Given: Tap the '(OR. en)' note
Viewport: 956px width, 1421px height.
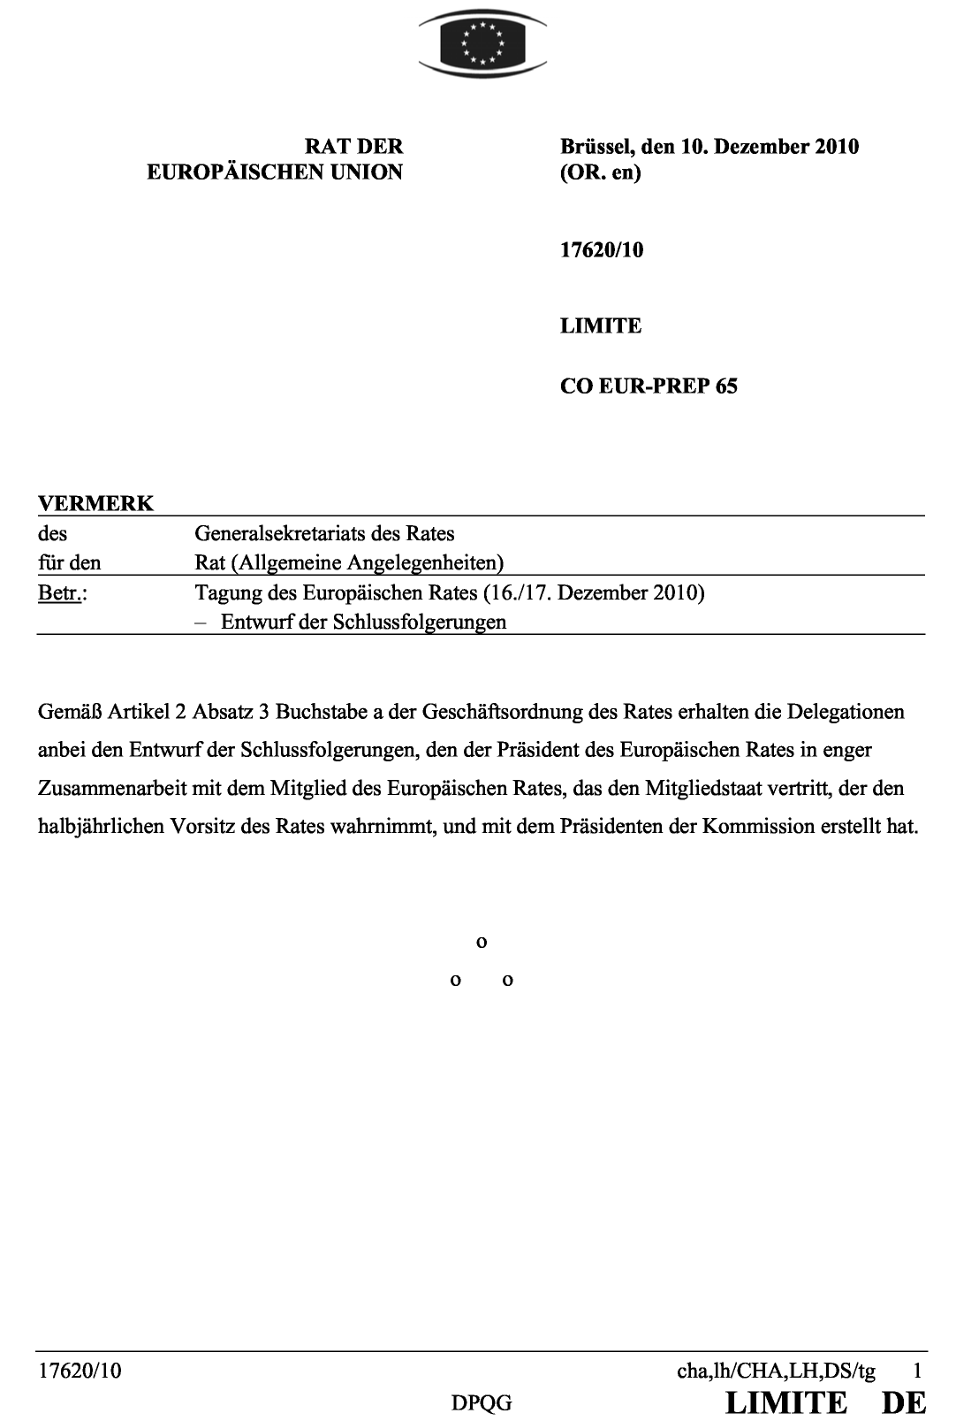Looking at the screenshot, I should (600, 172).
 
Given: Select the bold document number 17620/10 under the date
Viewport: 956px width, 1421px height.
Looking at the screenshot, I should (602, 250).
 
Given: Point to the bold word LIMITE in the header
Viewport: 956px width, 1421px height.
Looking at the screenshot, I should (601, 326).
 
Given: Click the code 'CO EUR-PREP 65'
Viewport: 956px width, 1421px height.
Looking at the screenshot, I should (649, 386).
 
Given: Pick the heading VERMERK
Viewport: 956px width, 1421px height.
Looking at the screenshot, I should (95, 504).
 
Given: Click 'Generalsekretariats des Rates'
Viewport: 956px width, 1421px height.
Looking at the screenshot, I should (324, 533).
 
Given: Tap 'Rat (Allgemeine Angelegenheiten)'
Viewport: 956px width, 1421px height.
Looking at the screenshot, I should (349, 562).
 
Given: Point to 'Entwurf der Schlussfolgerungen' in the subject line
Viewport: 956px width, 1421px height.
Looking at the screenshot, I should (363, 622).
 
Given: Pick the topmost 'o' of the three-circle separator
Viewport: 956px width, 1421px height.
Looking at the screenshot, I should (482, 943).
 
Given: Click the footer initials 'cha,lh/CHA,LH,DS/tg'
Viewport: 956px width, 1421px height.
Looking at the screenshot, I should (776, 1371).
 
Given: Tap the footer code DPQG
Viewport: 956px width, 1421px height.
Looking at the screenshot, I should (482, 1402).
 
